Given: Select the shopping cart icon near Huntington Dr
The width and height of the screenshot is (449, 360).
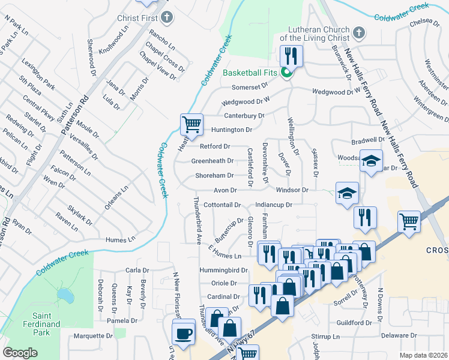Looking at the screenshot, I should pyautogui.click(x=191, y=125).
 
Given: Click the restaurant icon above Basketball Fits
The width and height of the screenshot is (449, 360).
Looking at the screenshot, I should pyautogui.click(x=291, y=56).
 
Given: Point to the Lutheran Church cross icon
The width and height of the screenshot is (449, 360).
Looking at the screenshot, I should pyautogui.click(x=358, y=33).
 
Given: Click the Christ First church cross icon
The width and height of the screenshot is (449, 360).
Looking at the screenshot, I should pyautogui.click(x=166, y=17).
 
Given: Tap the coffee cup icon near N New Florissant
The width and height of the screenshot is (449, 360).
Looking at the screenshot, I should pyautogui.click(x=183, y=332).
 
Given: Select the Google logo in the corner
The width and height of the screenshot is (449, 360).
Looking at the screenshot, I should pyautogui.click(x=20, y=353).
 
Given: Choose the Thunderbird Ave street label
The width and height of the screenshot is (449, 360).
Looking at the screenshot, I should pyautogui.click(x=196, y=218).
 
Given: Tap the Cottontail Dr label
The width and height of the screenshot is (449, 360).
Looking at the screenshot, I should pyautogui.click(x=221, y=205).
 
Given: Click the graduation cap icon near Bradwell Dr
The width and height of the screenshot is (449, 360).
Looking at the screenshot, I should pyautogui.click(x=372, y=161).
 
